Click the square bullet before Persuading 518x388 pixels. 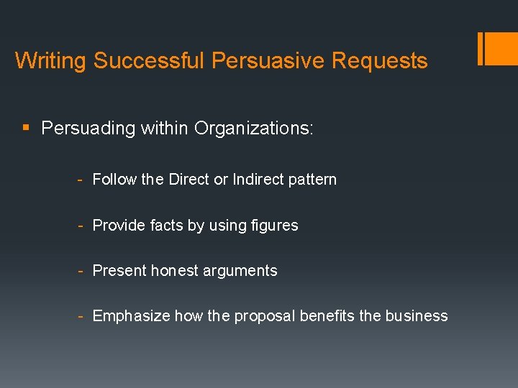[26, 129]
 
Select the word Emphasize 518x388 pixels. [131, 316]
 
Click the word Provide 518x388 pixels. [119, 226]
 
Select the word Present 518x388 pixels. [119, 271]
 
